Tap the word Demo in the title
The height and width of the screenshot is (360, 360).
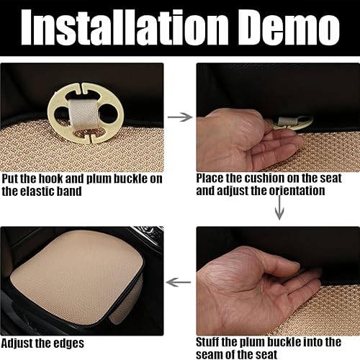288,30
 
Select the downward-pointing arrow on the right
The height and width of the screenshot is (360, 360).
279,210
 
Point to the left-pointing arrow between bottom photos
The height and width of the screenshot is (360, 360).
179,282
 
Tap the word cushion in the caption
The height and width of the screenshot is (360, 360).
264,177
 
